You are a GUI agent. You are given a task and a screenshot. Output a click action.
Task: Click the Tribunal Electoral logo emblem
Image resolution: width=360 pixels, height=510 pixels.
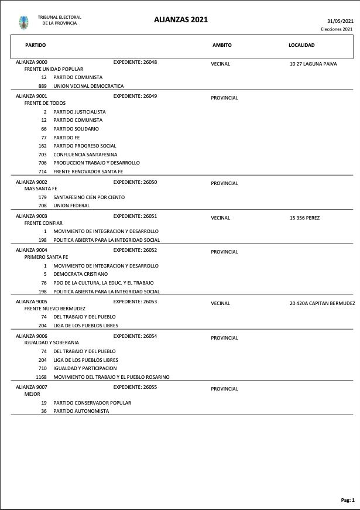pyautogui.click(x=23, y=22)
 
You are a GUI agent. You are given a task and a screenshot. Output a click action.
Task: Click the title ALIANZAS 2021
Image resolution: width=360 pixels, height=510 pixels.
pyautogui.click(x=181, y=20)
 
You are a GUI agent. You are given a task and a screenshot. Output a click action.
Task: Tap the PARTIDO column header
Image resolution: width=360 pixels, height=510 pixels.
pyautogui.click(x=35, y=45)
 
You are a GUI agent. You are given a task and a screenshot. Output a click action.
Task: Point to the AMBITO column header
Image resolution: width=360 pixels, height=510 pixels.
pyautogui.click(x=222, y=45)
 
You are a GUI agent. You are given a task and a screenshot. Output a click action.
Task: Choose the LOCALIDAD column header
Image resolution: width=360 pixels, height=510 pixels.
pyautogui.click(x=301, y=45)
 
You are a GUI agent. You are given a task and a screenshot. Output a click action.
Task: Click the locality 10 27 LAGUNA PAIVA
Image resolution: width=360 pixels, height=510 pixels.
pyautogui.click(x=313, y=64)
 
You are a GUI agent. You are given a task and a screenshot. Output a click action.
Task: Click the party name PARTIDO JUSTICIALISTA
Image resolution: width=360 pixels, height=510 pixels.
pyautogui.click(x=80, y=112)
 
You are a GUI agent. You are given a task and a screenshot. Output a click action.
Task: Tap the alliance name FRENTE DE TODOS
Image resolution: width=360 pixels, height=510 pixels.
pyautogui.click(x=44, y=103)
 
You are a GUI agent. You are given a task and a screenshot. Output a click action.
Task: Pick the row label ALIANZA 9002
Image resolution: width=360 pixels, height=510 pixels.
pyautogui.click(x=32, y=182)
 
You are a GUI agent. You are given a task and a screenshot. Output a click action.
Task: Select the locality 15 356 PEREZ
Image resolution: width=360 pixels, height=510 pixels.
pyautogui.click(x=304, y=218)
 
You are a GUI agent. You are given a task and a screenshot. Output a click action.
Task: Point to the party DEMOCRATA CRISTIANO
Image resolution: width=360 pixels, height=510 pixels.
pyautogui.click(x=81, y=274)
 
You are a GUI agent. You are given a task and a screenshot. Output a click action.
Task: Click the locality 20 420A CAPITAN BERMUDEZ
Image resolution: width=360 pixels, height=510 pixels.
pyautogui.click(x=322, y=303)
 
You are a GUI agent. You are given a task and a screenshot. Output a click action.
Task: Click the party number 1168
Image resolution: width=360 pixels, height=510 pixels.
pyautogui.click(x=41, y=377)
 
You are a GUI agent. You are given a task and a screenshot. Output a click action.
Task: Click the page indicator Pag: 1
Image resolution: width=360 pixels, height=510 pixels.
pyautogui.click(x=348, y=500)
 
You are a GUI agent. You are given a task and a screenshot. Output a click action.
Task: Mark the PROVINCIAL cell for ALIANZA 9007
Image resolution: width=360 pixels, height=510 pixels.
pyautogui.click(x=224, y=389)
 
